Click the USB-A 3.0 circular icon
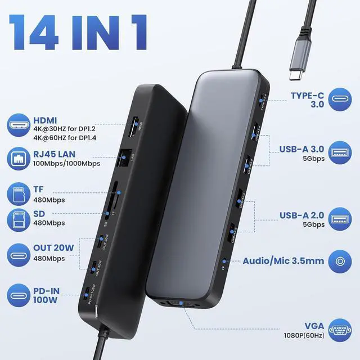pos(339,152)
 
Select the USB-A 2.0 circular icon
pos(339,219)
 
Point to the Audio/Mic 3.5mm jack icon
pos(339,262)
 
